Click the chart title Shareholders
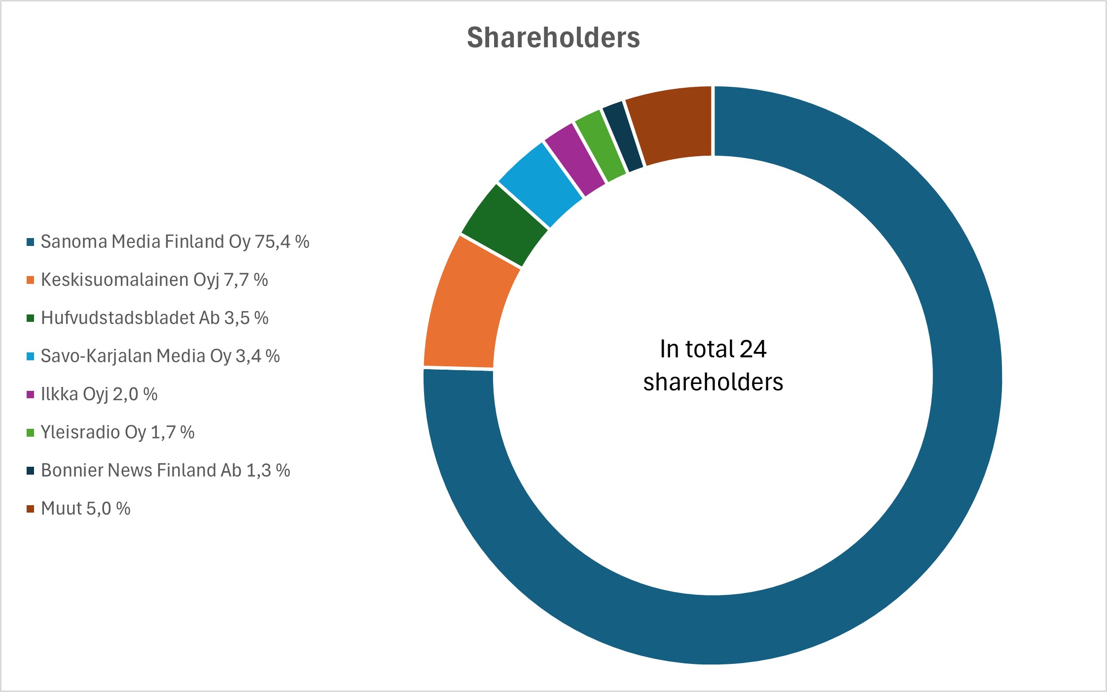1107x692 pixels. point(553,37)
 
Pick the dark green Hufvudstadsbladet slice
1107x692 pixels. point(503,224)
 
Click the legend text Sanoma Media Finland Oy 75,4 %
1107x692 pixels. point(175,242)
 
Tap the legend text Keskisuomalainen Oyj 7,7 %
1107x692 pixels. point(154,279)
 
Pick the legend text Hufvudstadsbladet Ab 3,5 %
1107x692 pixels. point(154,318)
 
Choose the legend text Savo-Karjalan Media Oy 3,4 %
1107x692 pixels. point(160,356)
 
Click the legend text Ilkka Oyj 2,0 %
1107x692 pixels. point(99,394)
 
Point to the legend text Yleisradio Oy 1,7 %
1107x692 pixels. point(117,432)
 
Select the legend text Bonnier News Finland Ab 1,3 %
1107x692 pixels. point(165,470)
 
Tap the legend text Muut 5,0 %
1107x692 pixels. point(86,508)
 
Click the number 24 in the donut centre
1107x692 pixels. point(753,349)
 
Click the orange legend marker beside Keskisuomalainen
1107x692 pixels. point(31,280)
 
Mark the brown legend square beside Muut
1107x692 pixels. point(31,509)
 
